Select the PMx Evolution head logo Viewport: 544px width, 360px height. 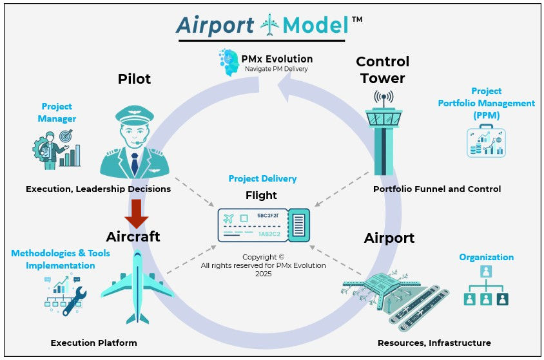point(229,63)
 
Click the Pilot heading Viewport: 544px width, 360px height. point(134,79)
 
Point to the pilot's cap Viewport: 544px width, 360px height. point(135,117)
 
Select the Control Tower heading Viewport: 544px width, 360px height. point(382,70)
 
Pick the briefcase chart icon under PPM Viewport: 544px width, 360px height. point(486,141)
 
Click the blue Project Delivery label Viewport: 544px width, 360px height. point(262,179)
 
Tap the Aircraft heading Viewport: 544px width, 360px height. point(133,237)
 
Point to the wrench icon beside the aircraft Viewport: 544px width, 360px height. point(73,297)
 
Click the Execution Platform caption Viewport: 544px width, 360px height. point(94,343)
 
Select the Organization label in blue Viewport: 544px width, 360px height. point(486,257)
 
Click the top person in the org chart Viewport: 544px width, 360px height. point(486,272)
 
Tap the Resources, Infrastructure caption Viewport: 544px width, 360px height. point(434,343)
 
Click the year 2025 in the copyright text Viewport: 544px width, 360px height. point(262,274)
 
